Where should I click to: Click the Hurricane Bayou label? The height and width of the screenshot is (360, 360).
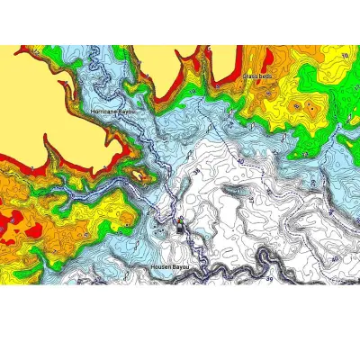click(x=112, y=111)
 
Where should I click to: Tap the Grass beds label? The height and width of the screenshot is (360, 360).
click(x=257, y=76)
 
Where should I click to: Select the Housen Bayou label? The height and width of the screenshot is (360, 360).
click(x=170, y=267)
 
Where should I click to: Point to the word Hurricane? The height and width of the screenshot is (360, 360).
click(x=104, y=111)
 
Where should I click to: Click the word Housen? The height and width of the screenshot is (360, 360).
click(x=161, y=267)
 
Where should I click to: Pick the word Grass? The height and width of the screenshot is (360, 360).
click(x=250, y=76)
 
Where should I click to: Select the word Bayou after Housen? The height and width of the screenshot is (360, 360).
click(x=181, y=267)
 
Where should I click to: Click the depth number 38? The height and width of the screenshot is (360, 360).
click(x=196, y=171)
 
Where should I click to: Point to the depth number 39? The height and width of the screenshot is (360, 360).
click(x=268, y=279)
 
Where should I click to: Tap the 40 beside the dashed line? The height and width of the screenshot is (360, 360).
click(x=240, y=161)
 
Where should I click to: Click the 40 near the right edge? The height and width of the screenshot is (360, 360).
click(x=334, y=259)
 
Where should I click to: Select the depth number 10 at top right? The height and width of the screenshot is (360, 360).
click(x=345, y=56)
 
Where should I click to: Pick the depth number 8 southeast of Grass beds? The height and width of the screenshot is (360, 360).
click(x=296, y=106)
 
